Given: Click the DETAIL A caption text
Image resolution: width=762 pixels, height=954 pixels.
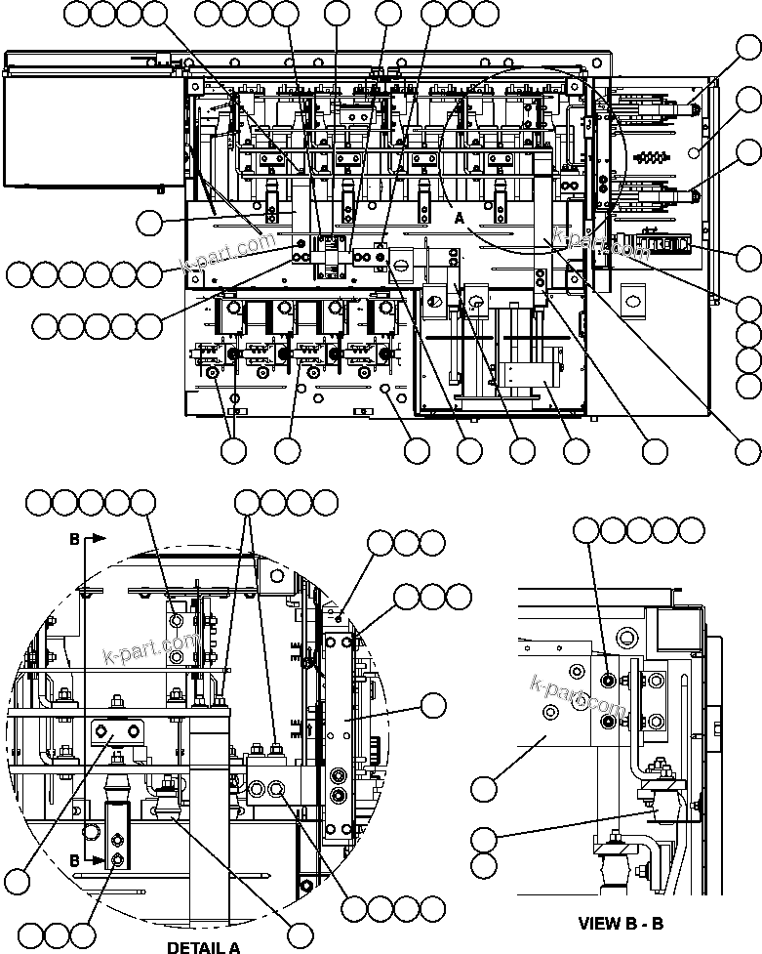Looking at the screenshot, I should coord(203,946).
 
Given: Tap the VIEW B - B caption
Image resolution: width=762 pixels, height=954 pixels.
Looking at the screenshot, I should coord(621,923).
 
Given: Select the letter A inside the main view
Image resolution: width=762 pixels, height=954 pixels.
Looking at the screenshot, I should coord(459,220).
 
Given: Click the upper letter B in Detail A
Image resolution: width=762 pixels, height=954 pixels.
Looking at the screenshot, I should coord(75,538).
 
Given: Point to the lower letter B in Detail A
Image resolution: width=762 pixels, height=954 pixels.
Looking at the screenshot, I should coord(75,860).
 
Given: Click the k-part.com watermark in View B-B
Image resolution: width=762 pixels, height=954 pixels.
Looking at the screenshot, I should coord(578,694).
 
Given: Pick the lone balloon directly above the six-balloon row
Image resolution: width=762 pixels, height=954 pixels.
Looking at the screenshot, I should coord(150,224).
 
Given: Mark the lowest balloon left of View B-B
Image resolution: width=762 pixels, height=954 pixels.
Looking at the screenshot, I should coord(483,865).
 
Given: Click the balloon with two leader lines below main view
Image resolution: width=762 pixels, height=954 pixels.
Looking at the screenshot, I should coord(233,450).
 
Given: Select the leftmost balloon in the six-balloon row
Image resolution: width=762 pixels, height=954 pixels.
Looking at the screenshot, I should coord(20,274).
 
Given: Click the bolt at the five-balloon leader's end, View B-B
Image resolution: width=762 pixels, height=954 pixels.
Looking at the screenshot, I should coord(609,681).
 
